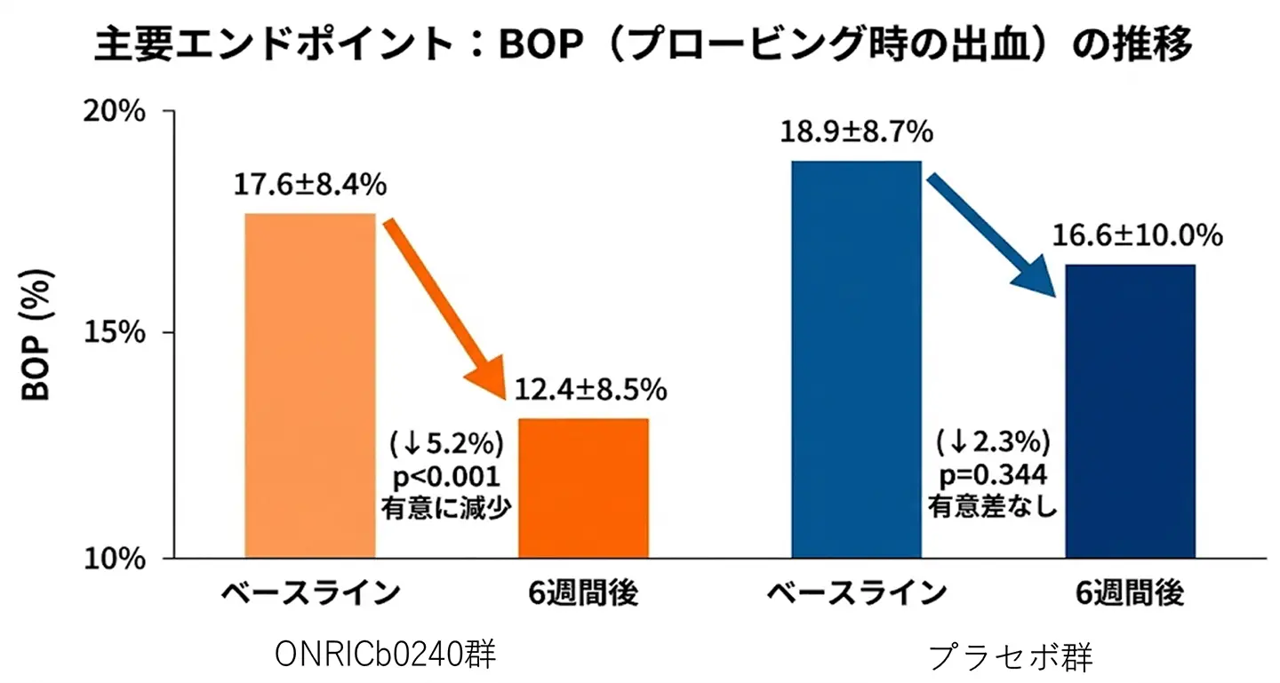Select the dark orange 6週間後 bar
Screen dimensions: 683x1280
point(583,488)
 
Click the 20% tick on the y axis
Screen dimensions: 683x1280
point(116,113)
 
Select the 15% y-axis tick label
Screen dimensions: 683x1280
point(116,334)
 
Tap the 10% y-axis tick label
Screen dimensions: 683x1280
point(116,559)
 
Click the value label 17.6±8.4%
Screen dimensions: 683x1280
point(309,185)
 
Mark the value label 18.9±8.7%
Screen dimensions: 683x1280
point(856,132)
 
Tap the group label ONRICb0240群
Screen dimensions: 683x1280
point(385,655)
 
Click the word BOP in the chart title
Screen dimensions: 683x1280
point(542,44)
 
